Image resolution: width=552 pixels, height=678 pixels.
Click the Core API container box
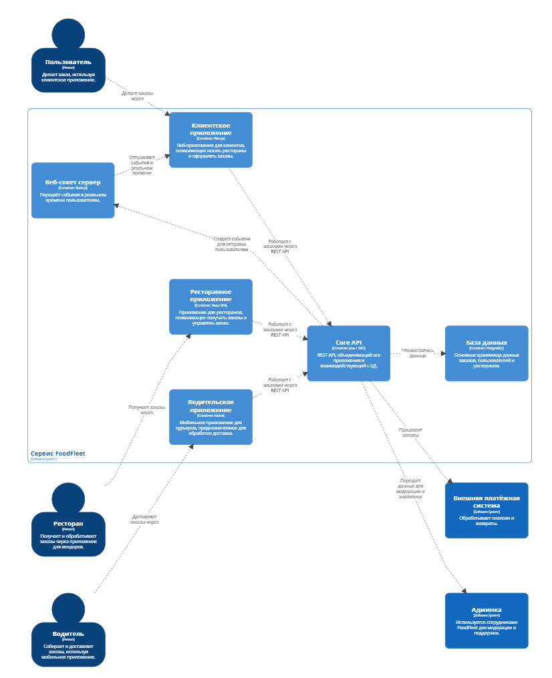pos(348,353)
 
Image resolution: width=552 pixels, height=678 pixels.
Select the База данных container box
pos(487,353)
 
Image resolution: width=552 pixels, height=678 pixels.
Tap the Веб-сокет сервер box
pos(73,190)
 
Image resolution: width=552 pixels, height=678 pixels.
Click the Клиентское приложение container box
pos(211,140)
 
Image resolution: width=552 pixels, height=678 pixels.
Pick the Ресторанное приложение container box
pos(211,307)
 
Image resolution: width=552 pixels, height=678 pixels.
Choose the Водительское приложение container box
pos(211,417)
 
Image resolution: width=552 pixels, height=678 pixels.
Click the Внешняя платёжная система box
pos(487,510)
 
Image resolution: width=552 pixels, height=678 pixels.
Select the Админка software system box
pos(487,620)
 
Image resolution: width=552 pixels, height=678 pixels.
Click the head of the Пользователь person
pos(68,34)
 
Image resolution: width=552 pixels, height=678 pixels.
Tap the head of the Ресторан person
pos(68,498)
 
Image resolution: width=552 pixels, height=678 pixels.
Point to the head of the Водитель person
pos(68,609)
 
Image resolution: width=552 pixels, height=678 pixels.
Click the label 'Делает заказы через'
pos(137,96)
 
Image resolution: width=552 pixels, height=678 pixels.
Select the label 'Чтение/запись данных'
pos(418,353)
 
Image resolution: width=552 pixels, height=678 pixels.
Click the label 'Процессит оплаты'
pos(411,432)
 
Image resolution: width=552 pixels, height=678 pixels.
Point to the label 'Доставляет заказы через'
pos(144,519)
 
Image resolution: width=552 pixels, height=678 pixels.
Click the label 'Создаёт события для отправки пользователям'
pos(232,244)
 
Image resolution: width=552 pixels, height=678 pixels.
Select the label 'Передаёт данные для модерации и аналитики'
pos(411,488)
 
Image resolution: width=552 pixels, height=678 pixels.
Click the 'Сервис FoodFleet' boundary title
pos(58,454)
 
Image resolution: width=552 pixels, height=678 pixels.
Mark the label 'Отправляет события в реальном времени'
pos(142,165)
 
